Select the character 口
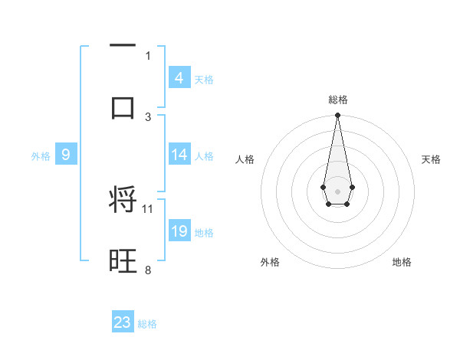click(x=123, y=106)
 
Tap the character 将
click(x=123, y=200)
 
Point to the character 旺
click(x=123, y=261)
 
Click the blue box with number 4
click(x=179, y=78)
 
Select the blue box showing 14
click(x=179, y=155)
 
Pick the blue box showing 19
click(x=179, y=231)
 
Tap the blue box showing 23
click(x=123, y=322)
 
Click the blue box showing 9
click(x=66, y=155)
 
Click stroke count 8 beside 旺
click(x=148, y=270)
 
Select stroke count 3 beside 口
click(x=148, y=116)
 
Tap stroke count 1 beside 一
click(x=148, y=55)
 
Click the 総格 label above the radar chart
click(x=338, y=100)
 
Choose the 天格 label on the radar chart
click(x=431, y=159)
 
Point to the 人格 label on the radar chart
click(x=245, y=159)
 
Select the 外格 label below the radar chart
click(x=270, y=262)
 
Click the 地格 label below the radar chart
click(x=402, y=262)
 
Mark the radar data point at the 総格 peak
click(x=337, y=116)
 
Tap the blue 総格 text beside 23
click(x=147, y=324)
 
